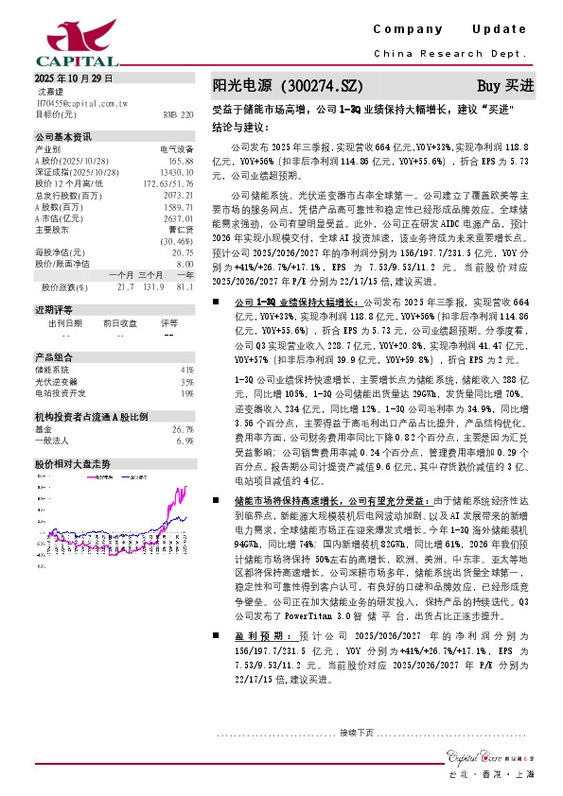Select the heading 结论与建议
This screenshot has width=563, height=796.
click(238, 127)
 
